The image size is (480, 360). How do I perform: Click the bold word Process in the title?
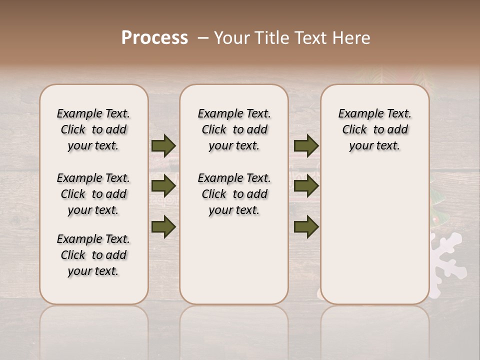154,38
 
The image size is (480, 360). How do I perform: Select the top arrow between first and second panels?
163,145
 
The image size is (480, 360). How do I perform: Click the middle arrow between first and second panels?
163,186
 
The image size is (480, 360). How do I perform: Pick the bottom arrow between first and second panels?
163,226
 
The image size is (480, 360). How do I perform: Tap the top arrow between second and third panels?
306,145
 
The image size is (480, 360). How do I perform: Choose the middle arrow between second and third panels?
306,186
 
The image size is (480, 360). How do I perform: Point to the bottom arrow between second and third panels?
306,226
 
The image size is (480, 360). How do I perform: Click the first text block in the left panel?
93,129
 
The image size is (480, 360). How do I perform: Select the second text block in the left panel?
93,194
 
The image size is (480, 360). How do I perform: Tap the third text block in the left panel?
93,255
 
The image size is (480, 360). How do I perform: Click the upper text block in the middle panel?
234,129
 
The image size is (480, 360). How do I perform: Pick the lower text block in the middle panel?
234,194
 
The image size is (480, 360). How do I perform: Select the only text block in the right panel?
375,129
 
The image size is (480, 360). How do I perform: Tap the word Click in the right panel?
354,130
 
